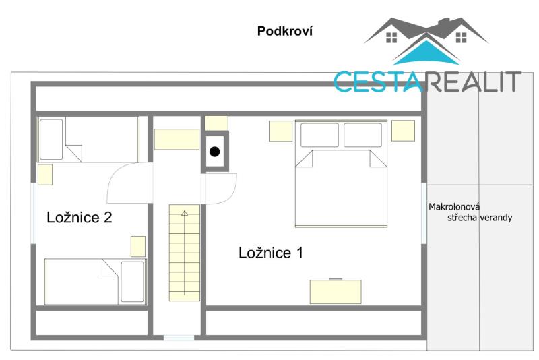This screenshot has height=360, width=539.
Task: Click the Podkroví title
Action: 285,31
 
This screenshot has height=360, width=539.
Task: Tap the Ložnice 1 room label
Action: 271,253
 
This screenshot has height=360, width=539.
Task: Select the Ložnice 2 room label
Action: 80,217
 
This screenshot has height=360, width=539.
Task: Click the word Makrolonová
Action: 454,207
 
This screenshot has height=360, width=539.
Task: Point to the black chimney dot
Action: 214,151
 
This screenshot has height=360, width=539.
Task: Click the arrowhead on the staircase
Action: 185,213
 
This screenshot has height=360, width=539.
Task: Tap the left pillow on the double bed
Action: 319,135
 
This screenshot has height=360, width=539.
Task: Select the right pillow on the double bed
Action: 362,135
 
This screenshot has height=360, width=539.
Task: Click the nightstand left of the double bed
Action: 280,131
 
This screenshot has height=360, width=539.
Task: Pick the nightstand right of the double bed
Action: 403,131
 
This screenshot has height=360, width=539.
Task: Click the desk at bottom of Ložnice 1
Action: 336,292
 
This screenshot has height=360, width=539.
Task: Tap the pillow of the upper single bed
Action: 51,140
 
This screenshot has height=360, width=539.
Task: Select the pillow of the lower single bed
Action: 132,282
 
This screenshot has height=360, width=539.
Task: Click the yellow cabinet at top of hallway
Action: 177,140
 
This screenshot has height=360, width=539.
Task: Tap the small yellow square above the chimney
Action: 216,123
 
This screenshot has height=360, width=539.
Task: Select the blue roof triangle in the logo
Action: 426,53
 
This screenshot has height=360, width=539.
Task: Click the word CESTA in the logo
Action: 378,82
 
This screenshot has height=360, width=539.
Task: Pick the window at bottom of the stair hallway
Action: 179,338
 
